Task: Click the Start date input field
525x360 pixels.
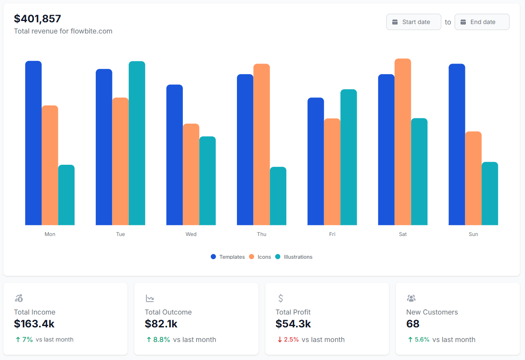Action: (x=414, y=22)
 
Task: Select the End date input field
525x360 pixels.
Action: (x=482, y=22)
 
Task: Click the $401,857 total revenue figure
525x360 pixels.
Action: (x=38, y=19)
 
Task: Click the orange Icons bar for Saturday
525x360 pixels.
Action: (x=403, y=142)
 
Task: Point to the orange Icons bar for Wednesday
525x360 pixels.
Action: (x=191, y=174)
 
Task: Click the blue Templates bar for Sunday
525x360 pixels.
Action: (x=457, y=144)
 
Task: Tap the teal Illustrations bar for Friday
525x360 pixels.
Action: (x=349, y=157)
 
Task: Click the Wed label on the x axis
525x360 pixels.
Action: (x=191, y=234)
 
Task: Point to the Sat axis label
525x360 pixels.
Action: (x=403, y=234)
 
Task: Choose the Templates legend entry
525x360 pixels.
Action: (x=228, y=257)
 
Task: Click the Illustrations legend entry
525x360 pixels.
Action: (x=294, y=257)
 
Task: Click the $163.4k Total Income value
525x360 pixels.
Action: (x=34, y=324)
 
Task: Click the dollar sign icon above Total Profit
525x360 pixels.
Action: (x=281, y=298)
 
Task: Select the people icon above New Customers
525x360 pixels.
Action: (x=411, y=298)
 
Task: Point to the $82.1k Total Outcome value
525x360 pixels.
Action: (x=161, y=324)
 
